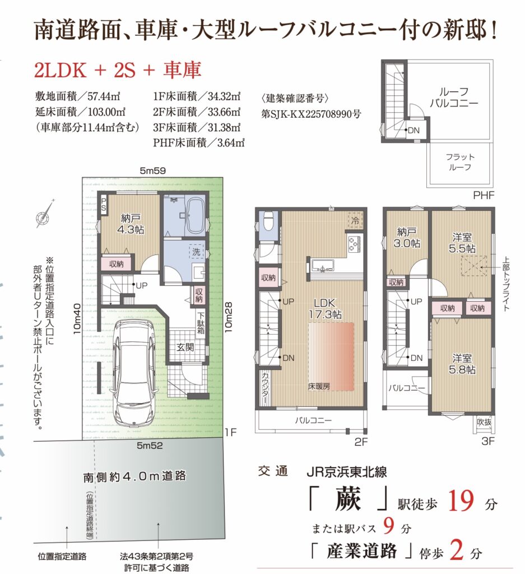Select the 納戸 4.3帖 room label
(x=131, y=224)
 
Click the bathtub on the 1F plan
(x=194, y=216)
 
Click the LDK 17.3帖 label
(x=325, y=308)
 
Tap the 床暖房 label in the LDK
(x=319, y=386)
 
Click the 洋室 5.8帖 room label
(x=462, y=363)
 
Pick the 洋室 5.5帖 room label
(x=462, y=243)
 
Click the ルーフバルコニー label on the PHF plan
(x=454, y=97)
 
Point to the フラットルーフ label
(x=460, y=162)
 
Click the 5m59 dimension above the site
(x=153, y=170)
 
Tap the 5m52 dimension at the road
(x=150, y=446)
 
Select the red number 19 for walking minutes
(x=461, y=501)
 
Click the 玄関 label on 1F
(x=185, y=346)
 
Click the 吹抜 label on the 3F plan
(x=484, y=422)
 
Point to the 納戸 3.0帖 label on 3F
(x=407, y=237)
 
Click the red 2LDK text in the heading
(x=61, y=70)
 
